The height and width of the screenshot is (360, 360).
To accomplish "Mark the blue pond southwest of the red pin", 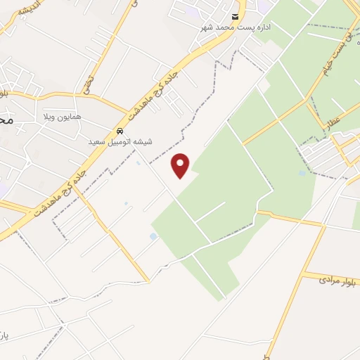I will pyautogui.click(x=153, y=237).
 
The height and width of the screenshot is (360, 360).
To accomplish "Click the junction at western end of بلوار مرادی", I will pyautogui.click(x=303, y=276).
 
